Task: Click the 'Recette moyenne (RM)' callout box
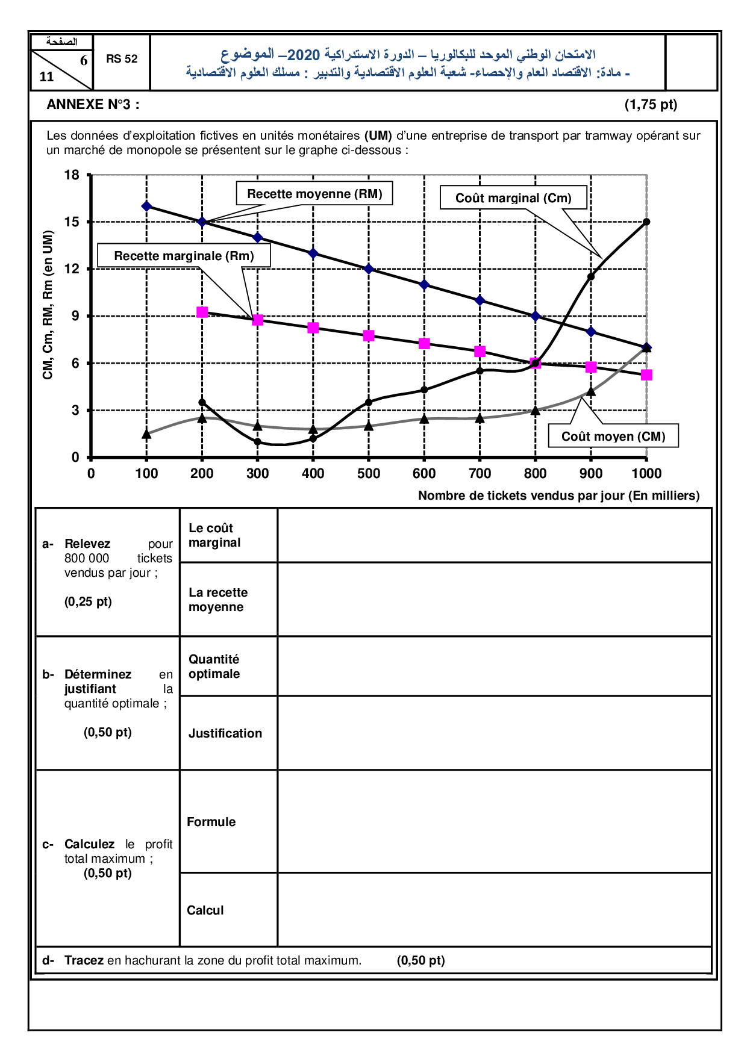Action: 314,194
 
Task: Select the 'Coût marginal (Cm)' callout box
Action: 513,197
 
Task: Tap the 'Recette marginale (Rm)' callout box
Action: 184,256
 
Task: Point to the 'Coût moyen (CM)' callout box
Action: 613,436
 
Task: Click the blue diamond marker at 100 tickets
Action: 146,206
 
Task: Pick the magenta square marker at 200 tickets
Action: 202,312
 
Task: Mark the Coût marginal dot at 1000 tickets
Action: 646,222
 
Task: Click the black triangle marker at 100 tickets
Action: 146,433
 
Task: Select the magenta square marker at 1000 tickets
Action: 646,375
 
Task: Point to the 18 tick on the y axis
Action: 72,175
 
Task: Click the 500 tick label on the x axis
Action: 369,474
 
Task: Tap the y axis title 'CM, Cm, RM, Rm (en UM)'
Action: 48,305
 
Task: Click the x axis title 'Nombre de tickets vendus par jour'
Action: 558,495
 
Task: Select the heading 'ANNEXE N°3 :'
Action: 93,105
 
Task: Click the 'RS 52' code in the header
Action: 122,59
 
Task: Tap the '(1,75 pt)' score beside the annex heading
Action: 651,105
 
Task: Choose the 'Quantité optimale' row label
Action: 214,666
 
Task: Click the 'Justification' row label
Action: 225,733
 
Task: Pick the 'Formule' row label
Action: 211,822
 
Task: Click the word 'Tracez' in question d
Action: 84,960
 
